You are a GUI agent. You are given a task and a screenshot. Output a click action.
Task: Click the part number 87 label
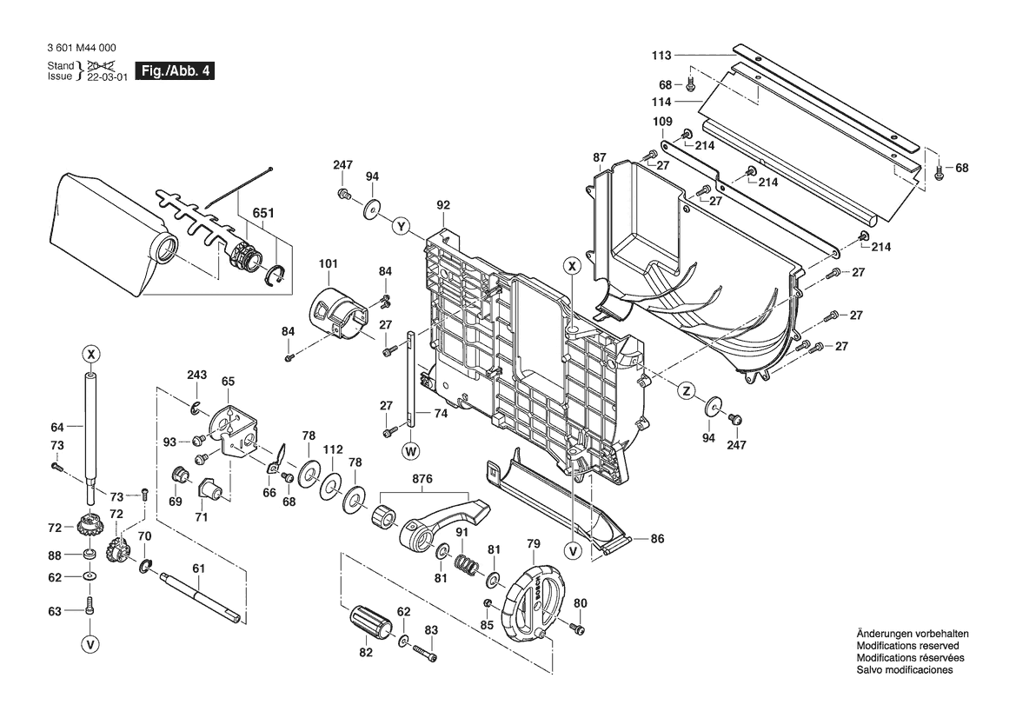coord(600,157)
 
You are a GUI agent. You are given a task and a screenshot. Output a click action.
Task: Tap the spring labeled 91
coord(468,564)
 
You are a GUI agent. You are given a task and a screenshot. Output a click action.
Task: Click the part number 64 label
coord(57,427)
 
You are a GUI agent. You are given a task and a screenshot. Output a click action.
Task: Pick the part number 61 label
coord(198,568)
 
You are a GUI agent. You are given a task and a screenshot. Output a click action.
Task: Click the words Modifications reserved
coord(907,646)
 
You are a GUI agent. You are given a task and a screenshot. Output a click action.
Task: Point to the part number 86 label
coord(657,539)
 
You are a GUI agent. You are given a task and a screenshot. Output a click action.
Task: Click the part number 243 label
coord(197,375)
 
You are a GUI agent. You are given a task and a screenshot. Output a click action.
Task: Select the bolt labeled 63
coord(90,606)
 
